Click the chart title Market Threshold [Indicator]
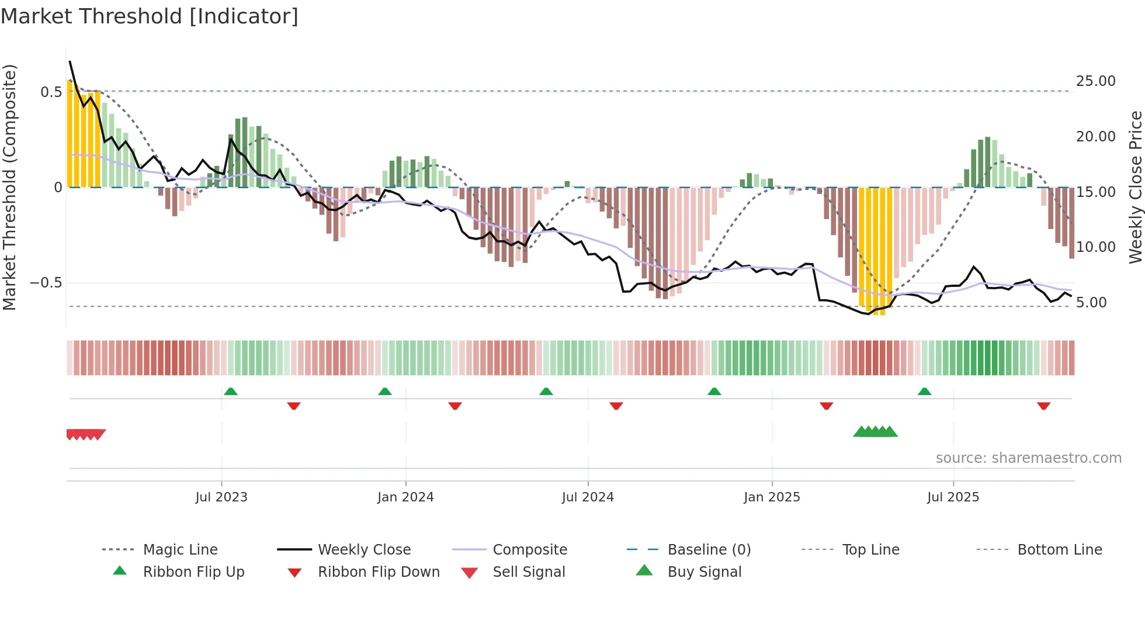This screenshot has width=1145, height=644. click(150, 16)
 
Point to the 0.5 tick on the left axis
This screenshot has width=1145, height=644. click(51, 92)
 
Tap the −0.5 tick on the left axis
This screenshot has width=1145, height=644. click(46, 283)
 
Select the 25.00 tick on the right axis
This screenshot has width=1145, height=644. click(1095, 81)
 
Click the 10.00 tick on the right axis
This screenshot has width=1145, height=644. click(1095, 247)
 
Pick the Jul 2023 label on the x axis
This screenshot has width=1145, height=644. click(221, 497)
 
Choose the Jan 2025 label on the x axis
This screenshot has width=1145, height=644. click(772, 497)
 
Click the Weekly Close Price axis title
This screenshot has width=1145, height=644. click(1135, 187)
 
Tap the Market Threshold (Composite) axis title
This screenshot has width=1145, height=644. click(9, 187)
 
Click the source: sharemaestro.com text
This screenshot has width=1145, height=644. click(1028, 458)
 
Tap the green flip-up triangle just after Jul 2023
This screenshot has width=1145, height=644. click(231, 392)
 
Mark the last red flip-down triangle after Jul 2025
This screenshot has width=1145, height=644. click(1043, 406)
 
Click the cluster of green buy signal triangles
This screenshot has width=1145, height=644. click(875, 432)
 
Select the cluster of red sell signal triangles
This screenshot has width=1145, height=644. click(86, 434)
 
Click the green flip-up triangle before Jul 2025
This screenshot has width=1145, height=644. click(924, 392)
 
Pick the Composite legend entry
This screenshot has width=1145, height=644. click(529, 550)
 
